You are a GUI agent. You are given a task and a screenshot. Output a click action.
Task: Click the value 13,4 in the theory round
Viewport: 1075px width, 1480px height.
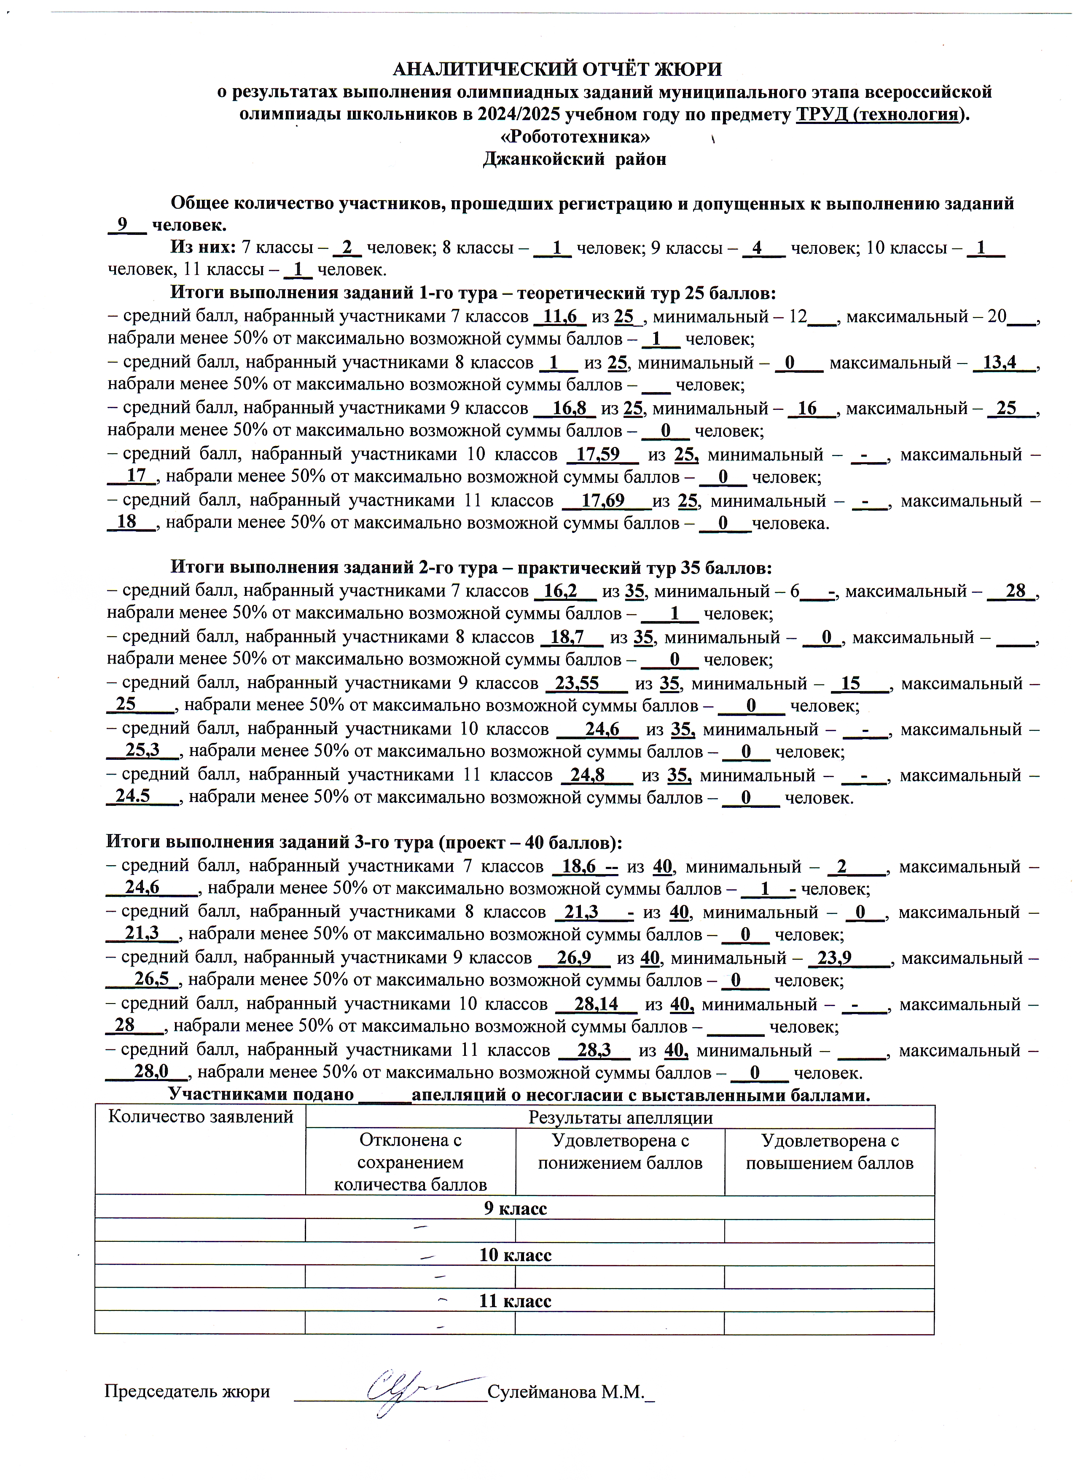click(x=1000, y=363)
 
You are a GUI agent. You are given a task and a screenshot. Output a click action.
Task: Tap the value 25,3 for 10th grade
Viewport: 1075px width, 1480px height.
click(x=142, y=751)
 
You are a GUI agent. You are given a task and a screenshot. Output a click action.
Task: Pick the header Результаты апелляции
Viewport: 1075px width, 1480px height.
click(x=620, y=1118)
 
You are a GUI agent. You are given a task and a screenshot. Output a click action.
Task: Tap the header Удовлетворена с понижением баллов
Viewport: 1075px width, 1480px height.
click(x=620, y=1152)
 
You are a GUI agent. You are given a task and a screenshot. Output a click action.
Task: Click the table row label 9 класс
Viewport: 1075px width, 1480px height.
click(x=515, y=1208)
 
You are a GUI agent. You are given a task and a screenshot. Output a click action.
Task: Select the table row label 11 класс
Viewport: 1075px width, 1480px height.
click(x=515, y=1300)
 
